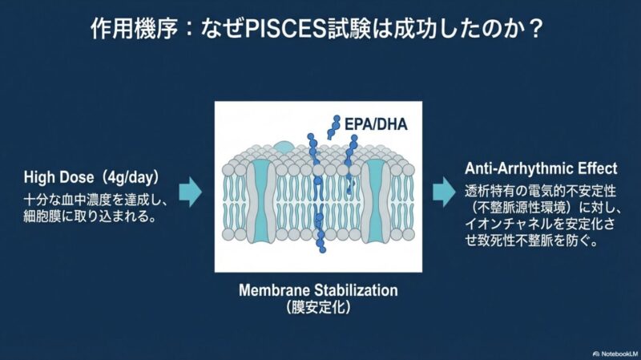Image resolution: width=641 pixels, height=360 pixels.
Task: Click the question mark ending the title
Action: (535, 33)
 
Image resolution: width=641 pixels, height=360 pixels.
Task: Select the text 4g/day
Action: (146, 176)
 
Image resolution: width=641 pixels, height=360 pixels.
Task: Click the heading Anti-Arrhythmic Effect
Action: (541, 169)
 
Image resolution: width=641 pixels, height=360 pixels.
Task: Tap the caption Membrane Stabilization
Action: (318, 289)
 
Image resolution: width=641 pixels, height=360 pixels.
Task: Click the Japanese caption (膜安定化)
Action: (318, 306)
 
